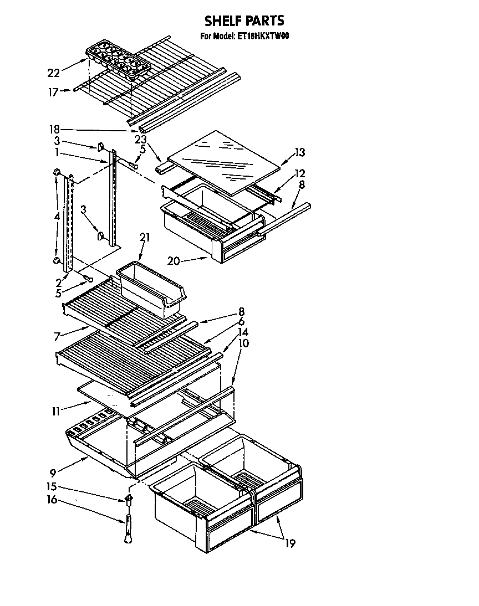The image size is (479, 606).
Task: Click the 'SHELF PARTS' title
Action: tap(244, 21)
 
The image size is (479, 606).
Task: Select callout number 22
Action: tap(54, 73)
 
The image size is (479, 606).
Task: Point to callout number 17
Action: tap(53, 93)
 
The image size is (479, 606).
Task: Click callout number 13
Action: tap(300, 153)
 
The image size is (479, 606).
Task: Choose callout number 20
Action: tap(173, 261)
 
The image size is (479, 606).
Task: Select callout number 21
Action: tap(145, 237)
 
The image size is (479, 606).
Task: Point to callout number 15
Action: tap(51, 487)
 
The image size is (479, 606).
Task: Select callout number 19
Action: tap(290, 543)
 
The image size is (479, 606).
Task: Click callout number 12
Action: tap(300, 172)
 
